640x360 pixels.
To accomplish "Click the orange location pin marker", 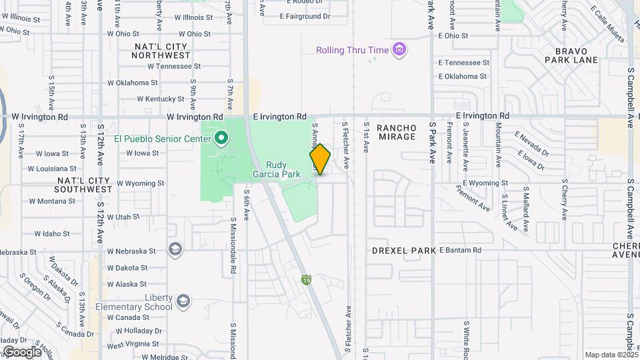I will [x=320, y=159].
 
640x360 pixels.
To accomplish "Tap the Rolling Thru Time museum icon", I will [x=399, y=50].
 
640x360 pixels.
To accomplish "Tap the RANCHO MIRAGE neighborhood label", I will [x=397, y=132].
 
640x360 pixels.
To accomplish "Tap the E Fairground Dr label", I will [x=305, y=16].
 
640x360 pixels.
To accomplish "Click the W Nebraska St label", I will [x=131, y=252].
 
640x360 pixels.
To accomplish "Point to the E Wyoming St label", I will [x=485, y=183].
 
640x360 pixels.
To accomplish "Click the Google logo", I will [x=21, y=352].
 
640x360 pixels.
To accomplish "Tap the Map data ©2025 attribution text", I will [x=611, y=355].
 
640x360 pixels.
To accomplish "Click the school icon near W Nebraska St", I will [x=175, y=249].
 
